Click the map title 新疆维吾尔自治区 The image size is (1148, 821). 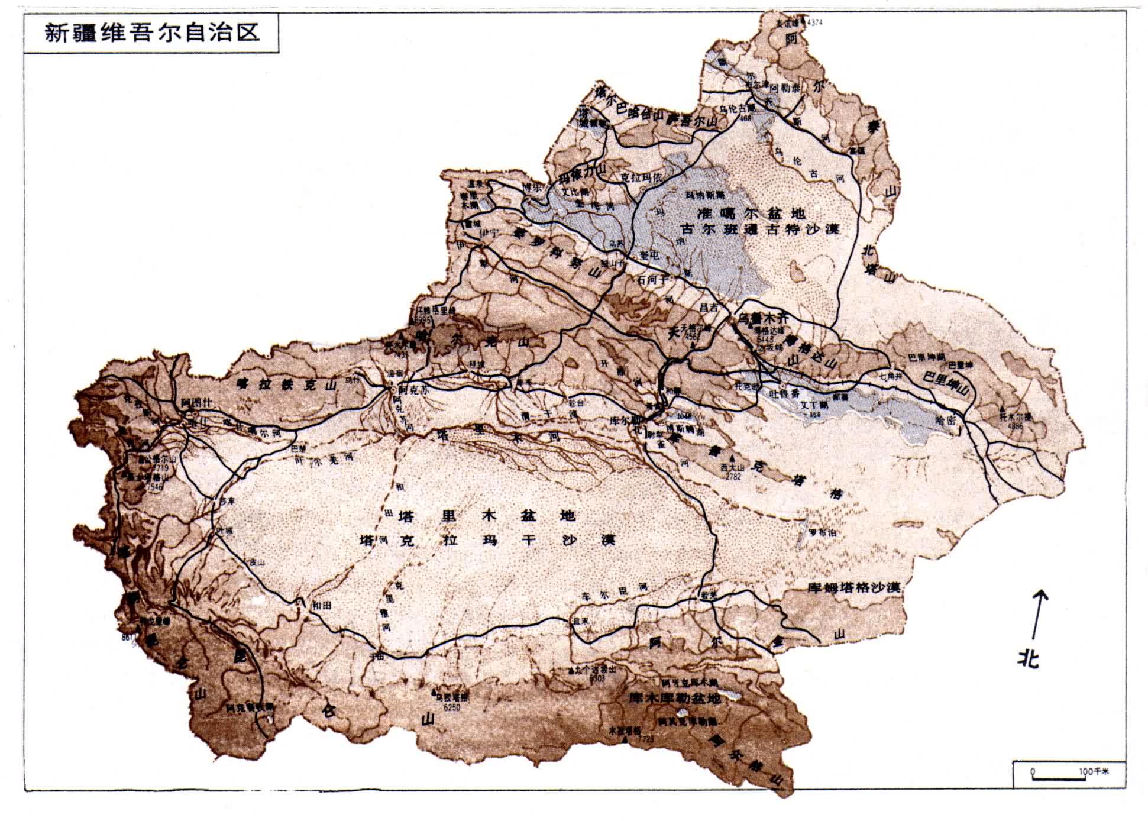point(153,32)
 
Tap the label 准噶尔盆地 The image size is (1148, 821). point(751,214)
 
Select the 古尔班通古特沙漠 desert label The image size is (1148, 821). point(761,230)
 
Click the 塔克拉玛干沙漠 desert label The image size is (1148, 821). point(488,540)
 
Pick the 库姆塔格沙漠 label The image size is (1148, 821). point(853,588)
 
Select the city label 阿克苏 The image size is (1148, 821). point(412,390)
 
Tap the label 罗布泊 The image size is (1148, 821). point(823,532)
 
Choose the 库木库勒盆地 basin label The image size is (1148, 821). point(675,699)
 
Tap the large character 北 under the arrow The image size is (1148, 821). point(1029,658)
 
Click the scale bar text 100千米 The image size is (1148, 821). point(1094,772)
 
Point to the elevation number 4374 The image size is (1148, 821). point(814,23)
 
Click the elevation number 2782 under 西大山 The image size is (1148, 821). point(733,476)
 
